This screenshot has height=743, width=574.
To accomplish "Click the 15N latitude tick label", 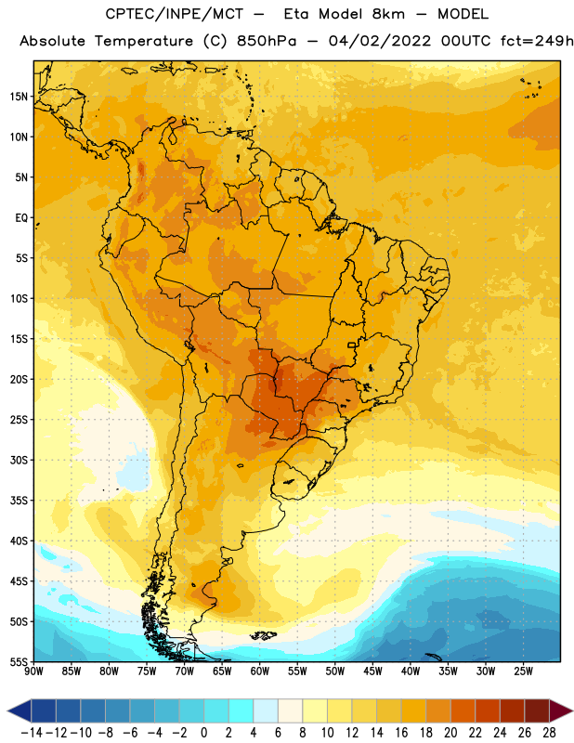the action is tap(19, 97).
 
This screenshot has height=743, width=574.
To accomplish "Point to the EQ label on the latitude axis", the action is tap(21, 218).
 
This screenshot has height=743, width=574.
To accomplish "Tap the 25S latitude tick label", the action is tap(19, 420).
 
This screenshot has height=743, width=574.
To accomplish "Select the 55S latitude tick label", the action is tap(19, 662).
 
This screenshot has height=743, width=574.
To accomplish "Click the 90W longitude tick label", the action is tap(33, 671).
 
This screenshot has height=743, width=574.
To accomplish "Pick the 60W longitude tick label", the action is tap(260, 671).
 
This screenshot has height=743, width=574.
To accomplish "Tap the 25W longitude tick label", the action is tap(523, 671).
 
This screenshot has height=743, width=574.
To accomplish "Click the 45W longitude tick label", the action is tap(372, 671).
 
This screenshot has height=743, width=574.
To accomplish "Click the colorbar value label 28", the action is tap(549, 733).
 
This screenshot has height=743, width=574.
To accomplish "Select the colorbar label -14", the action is tap(32, 733).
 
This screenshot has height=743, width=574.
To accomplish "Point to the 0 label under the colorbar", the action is tap(203, 733).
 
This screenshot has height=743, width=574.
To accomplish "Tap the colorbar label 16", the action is tap(401, 733).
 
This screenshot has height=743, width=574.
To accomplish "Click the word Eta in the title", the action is tap(297, 14).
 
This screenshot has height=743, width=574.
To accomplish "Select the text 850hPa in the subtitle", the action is tap(267, 41).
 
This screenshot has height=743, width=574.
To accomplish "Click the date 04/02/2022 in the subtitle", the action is tap(380, 41).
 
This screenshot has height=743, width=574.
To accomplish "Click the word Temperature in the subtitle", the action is tap(144, 42).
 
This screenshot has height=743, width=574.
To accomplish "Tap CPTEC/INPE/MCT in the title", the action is tap(174, 14).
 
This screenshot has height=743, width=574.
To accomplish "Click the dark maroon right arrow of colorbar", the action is tap(561, 710).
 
